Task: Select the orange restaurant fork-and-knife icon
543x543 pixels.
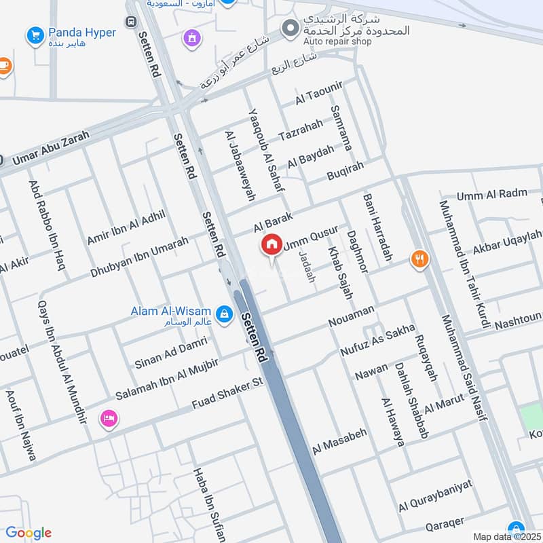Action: click(419, 259)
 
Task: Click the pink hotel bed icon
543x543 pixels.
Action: click(108, 419)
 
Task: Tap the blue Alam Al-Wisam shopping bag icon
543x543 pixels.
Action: click(226, 314)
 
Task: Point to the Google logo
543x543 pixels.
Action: click(29, 533)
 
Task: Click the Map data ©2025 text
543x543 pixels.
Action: click(506, 537)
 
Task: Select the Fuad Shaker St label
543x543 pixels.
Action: click(227, 392)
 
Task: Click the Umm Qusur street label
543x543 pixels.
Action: click(310, 238)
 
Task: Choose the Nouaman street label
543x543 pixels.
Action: click(352, 316)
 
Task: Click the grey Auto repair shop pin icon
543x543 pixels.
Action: click(291, 29)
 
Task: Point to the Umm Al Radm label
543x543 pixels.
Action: click(491, 195)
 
